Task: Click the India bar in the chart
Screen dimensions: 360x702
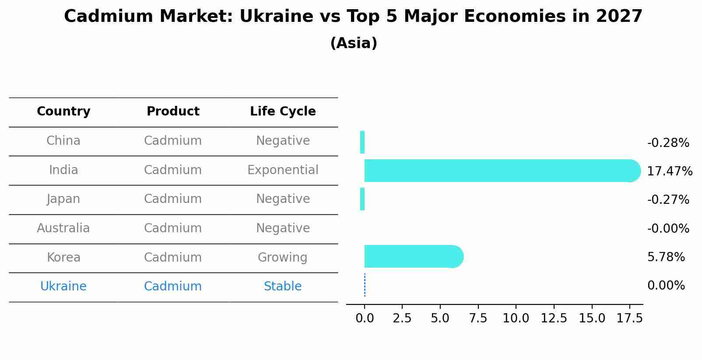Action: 499,171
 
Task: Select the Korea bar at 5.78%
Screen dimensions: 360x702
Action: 411,256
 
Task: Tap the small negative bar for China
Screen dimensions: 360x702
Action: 362,142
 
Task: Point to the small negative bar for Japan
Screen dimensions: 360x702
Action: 362,199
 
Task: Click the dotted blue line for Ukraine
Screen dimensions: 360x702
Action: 365,285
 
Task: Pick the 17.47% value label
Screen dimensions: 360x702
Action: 669,171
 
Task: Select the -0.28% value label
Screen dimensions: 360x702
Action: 668,143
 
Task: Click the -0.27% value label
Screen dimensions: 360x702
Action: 668,200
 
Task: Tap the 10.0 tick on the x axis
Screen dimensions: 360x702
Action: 516,318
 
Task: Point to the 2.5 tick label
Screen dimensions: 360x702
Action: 402,318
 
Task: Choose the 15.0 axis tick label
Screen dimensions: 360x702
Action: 592,318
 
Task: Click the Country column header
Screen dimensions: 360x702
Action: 63,112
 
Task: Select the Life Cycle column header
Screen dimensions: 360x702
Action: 283,112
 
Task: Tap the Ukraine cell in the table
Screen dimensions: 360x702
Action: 63,287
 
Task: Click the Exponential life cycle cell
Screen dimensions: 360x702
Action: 283,170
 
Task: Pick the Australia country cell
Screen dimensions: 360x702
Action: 63,228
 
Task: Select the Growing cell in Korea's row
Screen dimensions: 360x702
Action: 283,258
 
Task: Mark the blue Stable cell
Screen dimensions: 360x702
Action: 283,287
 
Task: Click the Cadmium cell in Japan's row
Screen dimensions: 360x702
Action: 173,199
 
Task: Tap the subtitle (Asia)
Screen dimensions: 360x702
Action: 354,43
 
